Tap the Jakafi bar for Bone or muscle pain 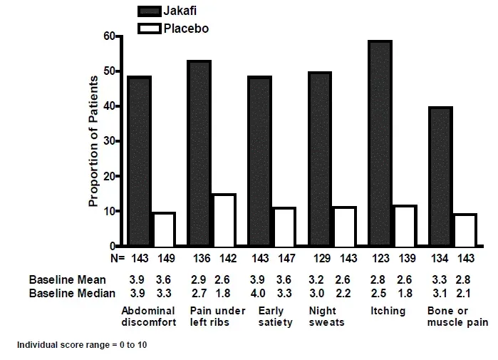tap(440, 176)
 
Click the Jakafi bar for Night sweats tap(320, 159)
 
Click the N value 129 tap(320, 257)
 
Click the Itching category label tap(388, 311)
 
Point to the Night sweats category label tap(326, 317)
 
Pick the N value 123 tap(380, 257)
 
